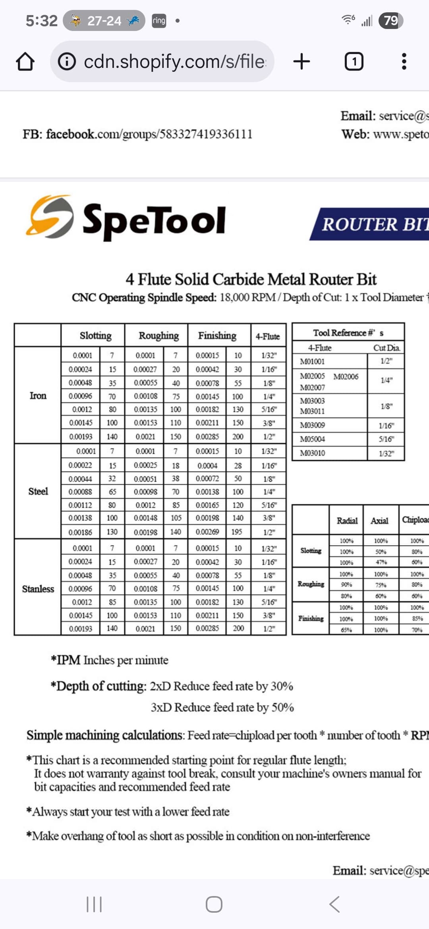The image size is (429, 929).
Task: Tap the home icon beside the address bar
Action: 25,62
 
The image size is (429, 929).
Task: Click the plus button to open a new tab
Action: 301,62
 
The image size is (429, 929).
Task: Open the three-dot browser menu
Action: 404,62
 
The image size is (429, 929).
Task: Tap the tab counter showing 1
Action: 354,62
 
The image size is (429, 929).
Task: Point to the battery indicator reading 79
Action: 391,20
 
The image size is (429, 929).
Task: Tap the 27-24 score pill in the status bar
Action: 104,21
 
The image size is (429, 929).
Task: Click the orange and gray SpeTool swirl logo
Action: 50,217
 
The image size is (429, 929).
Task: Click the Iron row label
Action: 38,396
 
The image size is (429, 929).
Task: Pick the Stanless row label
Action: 38,589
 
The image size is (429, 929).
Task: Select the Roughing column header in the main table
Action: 158,336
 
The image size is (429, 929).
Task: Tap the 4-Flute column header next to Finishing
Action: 268,337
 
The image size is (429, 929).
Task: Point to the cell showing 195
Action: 237,532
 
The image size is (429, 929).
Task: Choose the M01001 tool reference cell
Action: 312,362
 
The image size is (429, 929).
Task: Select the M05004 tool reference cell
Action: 312,439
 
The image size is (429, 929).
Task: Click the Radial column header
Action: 347,520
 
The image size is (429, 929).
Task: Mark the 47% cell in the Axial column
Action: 381,563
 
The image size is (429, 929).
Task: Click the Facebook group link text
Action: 137,134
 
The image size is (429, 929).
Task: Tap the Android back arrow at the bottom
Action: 334,904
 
